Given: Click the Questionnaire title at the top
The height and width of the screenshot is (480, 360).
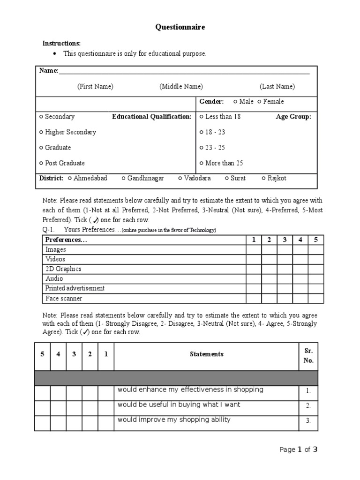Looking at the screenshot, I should click(x=180, y=28).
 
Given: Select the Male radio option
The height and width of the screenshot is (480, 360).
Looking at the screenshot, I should click(x=235, y=102).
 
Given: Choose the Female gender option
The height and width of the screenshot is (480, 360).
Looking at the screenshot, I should click(x=260, y=102).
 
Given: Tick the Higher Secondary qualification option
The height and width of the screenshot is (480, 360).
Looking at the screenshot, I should click(x=42, y=132).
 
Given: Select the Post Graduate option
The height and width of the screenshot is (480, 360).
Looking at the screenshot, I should click(x=42, y=163).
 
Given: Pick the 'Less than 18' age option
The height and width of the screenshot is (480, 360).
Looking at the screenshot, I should click(x=202, y=117).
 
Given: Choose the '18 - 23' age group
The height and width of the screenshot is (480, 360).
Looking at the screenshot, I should click(x=202, y=132).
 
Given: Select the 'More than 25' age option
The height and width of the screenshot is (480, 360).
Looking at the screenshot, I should click(x=202, y=163).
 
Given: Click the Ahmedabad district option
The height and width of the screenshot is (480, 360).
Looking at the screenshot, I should click(x=70, y=178).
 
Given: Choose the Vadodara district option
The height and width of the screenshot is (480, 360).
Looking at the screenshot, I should click(x=180, y=178).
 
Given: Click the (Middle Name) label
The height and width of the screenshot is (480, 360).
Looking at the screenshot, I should click(x=181, y=87).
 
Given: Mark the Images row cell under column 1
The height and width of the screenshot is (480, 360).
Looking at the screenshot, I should click(x=254, y=250).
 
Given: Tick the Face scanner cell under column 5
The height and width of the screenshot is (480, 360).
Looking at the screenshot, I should click(x=315, y=298).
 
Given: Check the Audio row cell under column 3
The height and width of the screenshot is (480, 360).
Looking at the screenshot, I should click(x=285, y=279).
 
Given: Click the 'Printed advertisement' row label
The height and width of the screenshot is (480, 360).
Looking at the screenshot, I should click(x=75, y=288).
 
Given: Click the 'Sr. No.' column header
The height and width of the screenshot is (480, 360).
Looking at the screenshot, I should click(x=308, y=355).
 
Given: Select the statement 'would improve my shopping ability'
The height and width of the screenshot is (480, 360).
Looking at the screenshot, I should click(x=174, y=420).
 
